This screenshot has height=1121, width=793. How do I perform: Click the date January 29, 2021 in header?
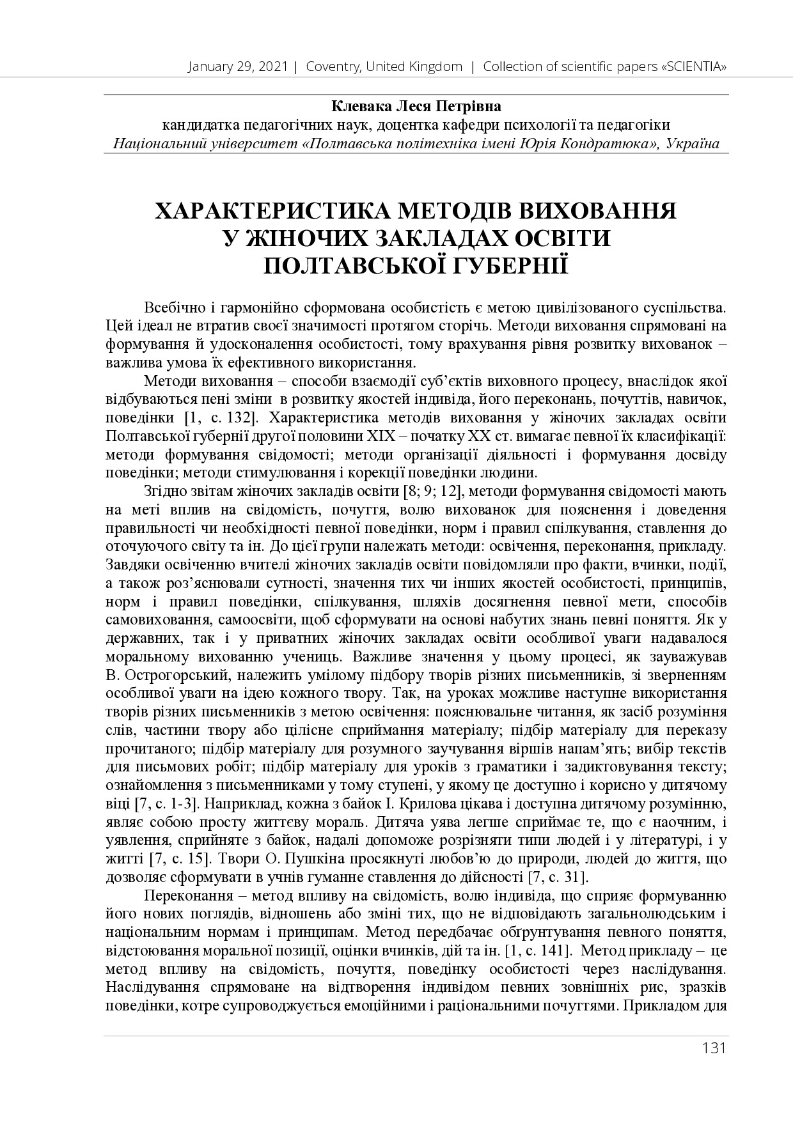238,66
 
